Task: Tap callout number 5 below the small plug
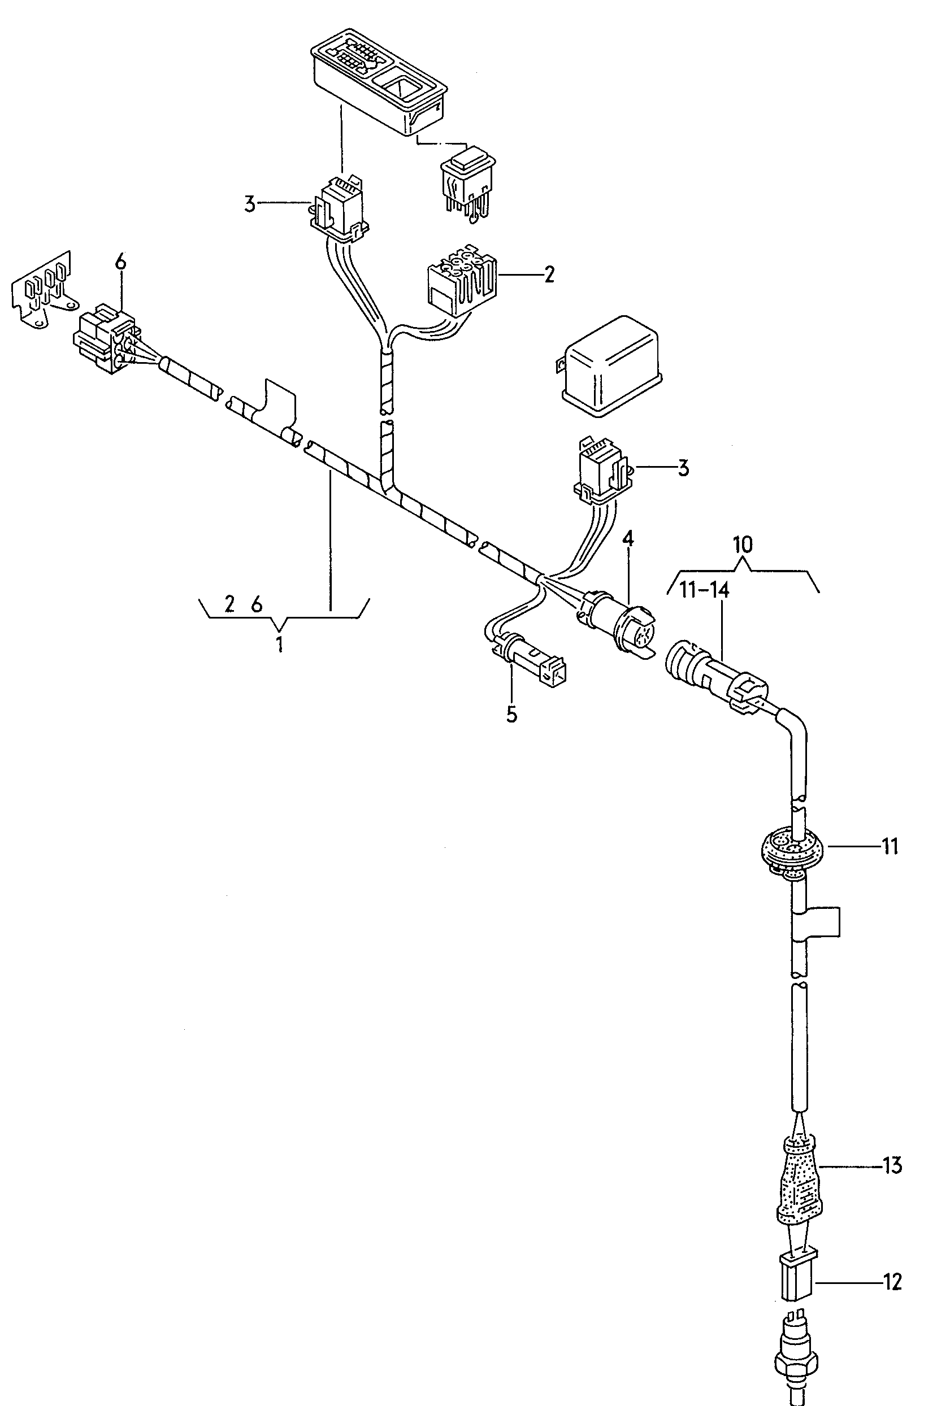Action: coord(512,715)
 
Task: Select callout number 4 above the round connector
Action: coord(628,538)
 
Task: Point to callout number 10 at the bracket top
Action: coord(743,545)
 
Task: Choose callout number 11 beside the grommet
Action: coord(890,846)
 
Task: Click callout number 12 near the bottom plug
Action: coord(892,1281)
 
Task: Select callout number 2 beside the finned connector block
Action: coord(549,275)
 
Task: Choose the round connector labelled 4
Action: coord(616,625)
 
